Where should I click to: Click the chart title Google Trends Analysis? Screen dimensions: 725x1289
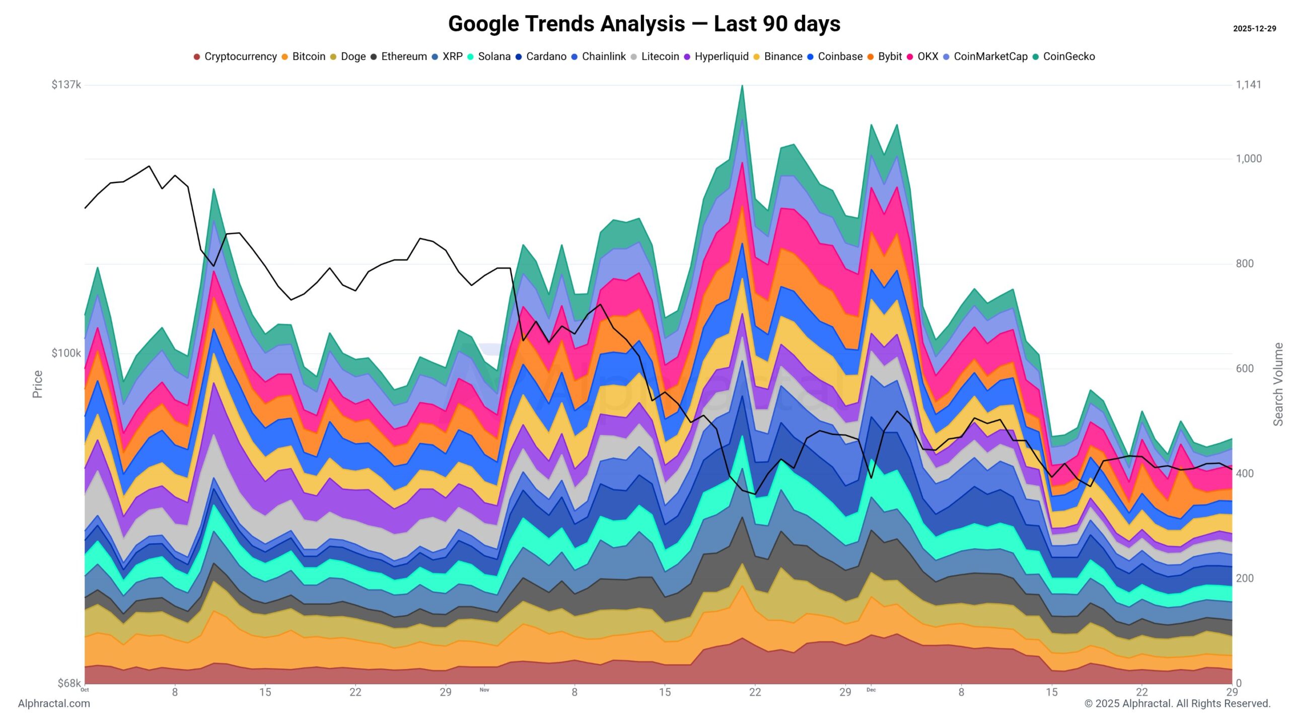(644, 24)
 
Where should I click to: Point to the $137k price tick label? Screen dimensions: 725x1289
(66, 85)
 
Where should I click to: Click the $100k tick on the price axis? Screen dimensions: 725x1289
(66, 353)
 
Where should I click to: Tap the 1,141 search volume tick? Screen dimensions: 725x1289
(1249, 85)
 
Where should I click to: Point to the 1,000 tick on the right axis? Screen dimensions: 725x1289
(1249, 159)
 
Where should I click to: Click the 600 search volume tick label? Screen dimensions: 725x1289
(1245, 369)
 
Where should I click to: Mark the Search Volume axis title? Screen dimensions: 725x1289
(1278, 384)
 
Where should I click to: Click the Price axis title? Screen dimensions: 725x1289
(37, 384)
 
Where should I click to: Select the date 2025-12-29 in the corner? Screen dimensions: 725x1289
(1254, 29)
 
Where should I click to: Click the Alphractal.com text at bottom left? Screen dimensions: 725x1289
(54, 703)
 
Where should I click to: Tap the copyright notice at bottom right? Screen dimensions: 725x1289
(1177, 703)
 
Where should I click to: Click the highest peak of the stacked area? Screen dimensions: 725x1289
(742, 87)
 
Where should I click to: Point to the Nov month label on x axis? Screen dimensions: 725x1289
(484, 690)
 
